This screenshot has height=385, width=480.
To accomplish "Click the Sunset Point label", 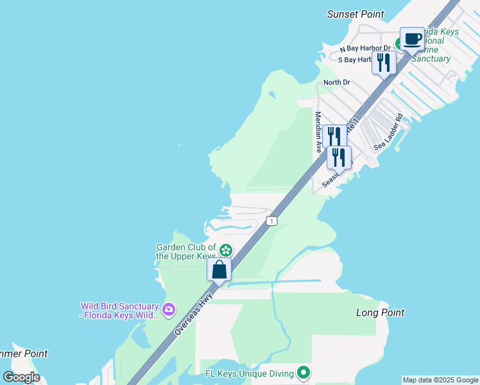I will pyautogui.click(x=356, y=14).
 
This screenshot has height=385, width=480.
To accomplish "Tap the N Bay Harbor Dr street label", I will pyautogui.click(x=365, y=49).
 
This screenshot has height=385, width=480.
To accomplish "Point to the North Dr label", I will pyautogui.click(x=337, y=82).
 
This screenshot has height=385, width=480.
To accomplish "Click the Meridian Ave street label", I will pyautogui.click(x=318, y=132).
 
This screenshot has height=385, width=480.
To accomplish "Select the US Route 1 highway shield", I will pyautogui.click(x=272, y=221).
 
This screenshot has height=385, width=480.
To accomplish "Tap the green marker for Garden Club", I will pyautogui.click(x=225, y=250).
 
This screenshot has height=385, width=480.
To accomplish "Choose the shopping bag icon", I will pyautogui.click(x=219, y=270).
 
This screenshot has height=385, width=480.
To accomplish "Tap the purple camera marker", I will pyautogui.click(x=168, y=310).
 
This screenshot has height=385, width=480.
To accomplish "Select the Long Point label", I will pyautogui.click(x=381, y=312).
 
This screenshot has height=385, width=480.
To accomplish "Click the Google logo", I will pyautogui.click(x=22, y=377).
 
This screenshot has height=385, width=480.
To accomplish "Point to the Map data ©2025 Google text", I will pyautogui.click(x=441, y=380).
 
